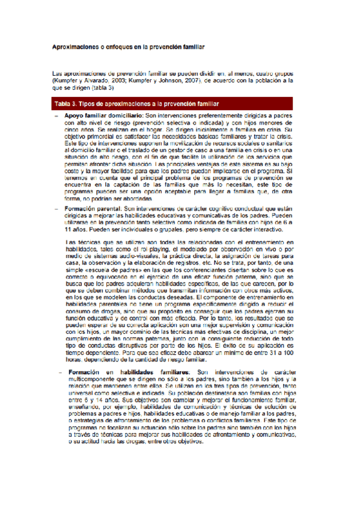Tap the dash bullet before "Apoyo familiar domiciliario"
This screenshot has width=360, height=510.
(56, 114)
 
